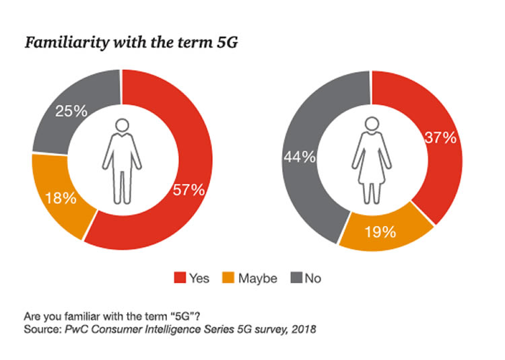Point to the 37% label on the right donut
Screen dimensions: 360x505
pyautogui.click(x=440, y=138)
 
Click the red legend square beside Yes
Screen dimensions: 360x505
pyautogui.click(x=178, y=278)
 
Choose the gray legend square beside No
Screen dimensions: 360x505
pyautogui.click(x=295, y=278)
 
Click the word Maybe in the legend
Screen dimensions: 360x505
pyautogui.click(x=257, y=278)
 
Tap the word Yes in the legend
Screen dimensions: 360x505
pyautogui.click(x=199, y=278)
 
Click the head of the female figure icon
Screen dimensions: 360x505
pyautogui.click(x=370, y=124)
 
